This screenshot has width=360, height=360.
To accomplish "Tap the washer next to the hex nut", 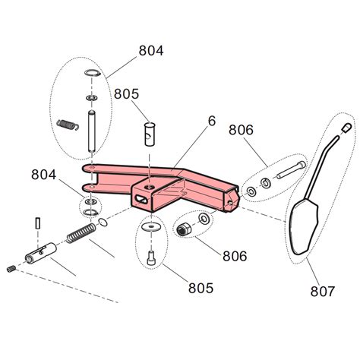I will (203, 220).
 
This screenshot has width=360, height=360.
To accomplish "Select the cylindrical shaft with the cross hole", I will (43, 253).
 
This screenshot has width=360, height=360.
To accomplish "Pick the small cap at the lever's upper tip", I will (347, 128).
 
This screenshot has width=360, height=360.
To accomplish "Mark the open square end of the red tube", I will (230, 199).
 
